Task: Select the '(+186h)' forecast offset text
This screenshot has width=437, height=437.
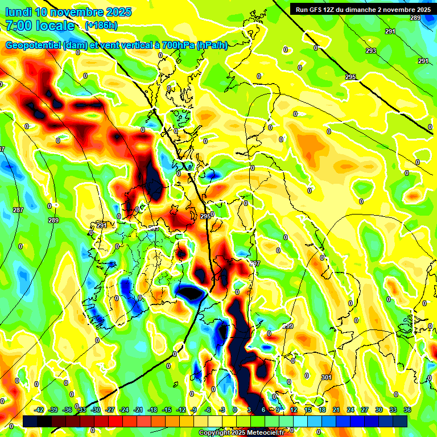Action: tap(101, 26)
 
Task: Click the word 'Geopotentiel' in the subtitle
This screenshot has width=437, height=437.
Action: tap(34, 46)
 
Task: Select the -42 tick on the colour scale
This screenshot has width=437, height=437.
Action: tap(39, 410)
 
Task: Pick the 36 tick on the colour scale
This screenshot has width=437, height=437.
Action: tap(408, 410)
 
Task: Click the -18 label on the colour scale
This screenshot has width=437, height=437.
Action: tap(152, 410)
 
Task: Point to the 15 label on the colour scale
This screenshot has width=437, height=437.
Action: tap(308, 410)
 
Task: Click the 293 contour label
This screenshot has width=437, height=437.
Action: tap(371, 51)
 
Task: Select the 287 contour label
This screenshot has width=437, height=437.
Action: tap(18, 210)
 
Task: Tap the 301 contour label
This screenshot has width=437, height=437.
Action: tap(326, 377)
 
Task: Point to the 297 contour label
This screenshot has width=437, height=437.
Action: tap(255, 263)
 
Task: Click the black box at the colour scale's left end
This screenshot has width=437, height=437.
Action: tap(30, 421)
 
